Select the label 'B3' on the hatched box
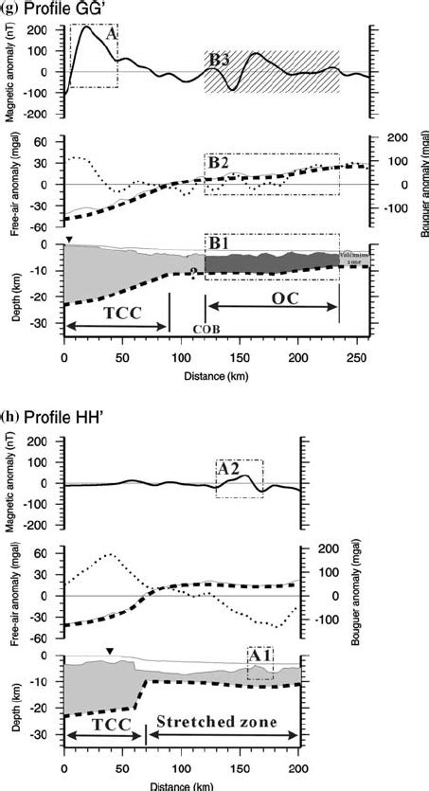pyautogui.click(x=219, y=60)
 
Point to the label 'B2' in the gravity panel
pyautogui.click(x=219, y=163)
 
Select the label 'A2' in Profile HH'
pyautogui.click(x=229, y=468)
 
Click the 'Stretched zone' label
pyautogui.click(x=223, y=722)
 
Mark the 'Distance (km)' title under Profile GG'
pyautogui.click(x=218, y=373)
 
